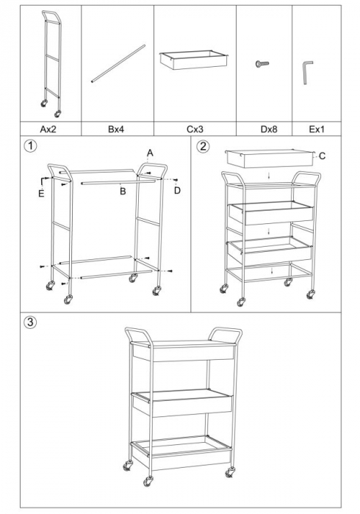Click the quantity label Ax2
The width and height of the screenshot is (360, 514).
coord(48,129)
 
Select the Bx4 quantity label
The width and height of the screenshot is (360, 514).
coord(116,129)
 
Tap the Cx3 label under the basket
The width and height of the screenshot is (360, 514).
coord(195,129)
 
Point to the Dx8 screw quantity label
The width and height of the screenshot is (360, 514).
coord(269,129)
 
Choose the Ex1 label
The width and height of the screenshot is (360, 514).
coord(317,129)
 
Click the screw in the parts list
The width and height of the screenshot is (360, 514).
coord(262,64)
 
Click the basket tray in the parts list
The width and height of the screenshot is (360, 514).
coord(194,59)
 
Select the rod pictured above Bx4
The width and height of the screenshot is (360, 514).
coord(118,64)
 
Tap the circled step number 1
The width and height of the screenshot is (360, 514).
coord(31,146)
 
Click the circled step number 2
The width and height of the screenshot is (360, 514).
coord(204,146)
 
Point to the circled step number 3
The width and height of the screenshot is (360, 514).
coord(30,322)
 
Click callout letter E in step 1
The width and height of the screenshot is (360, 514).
coord(41,194)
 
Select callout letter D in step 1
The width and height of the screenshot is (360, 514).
coord(177,190)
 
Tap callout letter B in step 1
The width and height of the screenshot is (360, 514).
coord(123,192)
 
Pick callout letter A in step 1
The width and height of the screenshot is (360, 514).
coord(150,153)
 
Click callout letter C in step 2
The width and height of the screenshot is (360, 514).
coord(322,156)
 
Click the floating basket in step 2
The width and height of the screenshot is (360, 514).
coord(270,159)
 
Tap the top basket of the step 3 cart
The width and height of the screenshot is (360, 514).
coord(184,351)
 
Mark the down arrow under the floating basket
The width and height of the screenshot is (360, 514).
coord(269,176)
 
